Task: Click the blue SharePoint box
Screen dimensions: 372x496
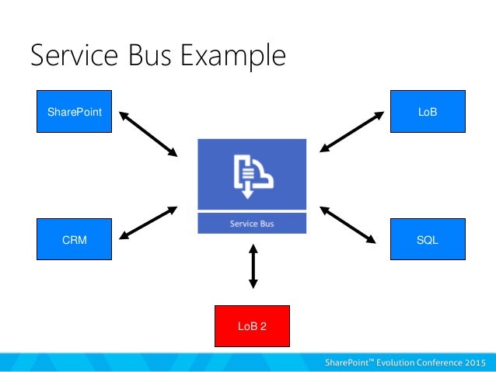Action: (x=75, y=111)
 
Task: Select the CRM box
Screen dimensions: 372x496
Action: (x=75, y=239)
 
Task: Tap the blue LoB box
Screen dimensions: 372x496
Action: (x=427, y=111)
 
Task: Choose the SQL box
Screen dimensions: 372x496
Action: (x=427, y=239)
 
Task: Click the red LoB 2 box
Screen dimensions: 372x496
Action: (x=252, y=325)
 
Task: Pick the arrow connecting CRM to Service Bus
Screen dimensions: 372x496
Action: (x=147, y=222)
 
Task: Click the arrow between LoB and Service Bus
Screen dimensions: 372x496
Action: (x=352, y=131)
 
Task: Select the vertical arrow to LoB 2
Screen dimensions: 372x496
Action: (x=253, y=268)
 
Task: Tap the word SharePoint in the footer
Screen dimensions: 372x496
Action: (x=351, y=362)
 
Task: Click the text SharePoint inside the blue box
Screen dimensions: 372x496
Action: (x=75, y=112)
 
